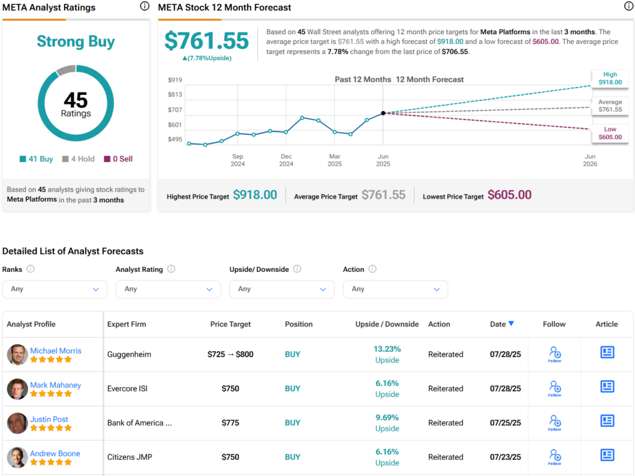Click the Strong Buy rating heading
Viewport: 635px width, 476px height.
coord(76,42)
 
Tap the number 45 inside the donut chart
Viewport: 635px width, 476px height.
coord(76,100)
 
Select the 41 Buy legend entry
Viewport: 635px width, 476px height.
coord(37,159)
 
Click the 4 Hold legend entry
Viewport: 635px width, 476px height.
coord(78,159)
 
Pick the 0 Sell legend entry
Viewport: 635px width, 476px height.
coord(118,159)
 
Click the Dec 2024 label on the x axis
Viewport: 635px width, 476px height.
coord(286,160)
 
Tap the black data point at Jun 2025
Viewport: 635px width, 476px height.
coord(383,113)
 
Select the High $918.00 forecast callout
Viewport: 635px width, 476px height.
coord(610,78)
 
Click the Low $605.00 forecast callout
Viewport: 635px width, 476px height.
coord(610,133)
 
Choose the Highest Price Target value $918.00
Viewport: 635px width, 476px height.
coord(255,195)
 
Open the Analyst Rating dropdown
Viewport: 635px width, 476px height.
coord(168,289)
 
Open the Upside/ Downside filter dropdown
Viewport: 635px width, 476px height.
coord(282,289)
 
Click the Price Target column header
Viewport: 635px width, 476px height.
coord(231,324)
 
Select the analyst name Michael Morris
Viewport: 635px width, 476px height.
coord(56,351)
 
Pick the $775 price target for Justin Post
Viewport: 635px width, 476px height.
coord(231,423)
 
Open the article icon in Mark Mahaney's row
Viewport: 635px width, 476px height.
coord(607,387)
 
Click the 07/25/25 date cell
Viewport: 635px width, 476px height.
coord(502,423)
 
